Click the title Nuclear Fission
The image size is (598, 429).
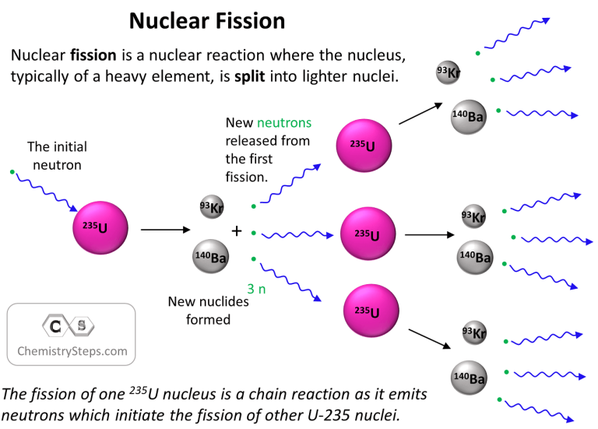(206, 21)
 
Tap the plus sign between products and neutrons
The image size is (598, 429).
(237, 231)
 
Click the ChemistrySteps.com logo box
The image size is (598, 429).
(72, 334)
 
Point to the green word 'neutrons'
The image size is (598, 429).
(284, 123)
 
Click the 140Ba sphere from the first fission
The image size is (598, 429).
(210, 257)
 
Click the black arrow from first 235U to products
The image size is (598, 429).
(164, 230)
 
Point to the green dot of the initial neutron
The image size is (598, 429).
(12, 171)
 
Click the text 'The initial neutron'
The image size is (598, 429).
(56, 155)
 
